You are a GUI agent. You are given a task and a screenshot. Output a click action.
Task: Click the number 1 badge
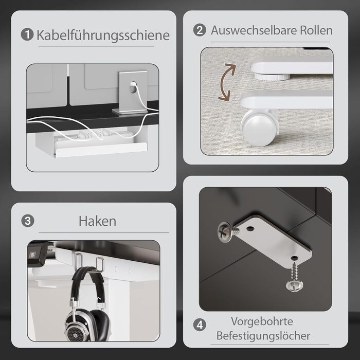tap(27, 34)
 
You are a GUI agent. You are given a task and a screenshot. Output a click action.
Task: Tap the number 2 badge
tap(200, 30)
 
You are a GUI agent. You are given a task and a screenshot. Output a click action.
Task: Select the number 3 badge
tap(28, 221)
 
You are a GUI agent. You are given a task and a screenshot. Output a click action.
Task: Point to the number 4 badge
tap(200, 325)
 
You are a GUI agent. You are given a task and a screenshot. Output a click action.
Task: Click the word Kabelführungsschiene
tap(103, 35)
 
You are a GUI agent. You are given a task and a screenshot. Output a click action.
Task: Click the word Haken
tap(97, 221)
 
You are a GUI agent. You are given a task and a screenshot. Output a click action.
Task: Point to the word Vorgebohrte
tap(262, 321)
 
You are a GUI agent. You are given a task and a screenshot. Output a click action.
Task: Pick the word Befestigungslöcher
tap(263, 336)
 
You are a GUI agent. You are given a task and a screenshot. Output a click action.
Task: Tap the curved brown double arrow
tap(227, 82)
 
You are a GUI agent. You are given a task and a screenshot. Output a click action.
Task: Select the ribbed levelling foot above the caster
tap(272, 77)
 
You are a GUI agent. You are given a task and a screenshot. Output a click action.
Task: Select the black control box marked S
tap(37, 254)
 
